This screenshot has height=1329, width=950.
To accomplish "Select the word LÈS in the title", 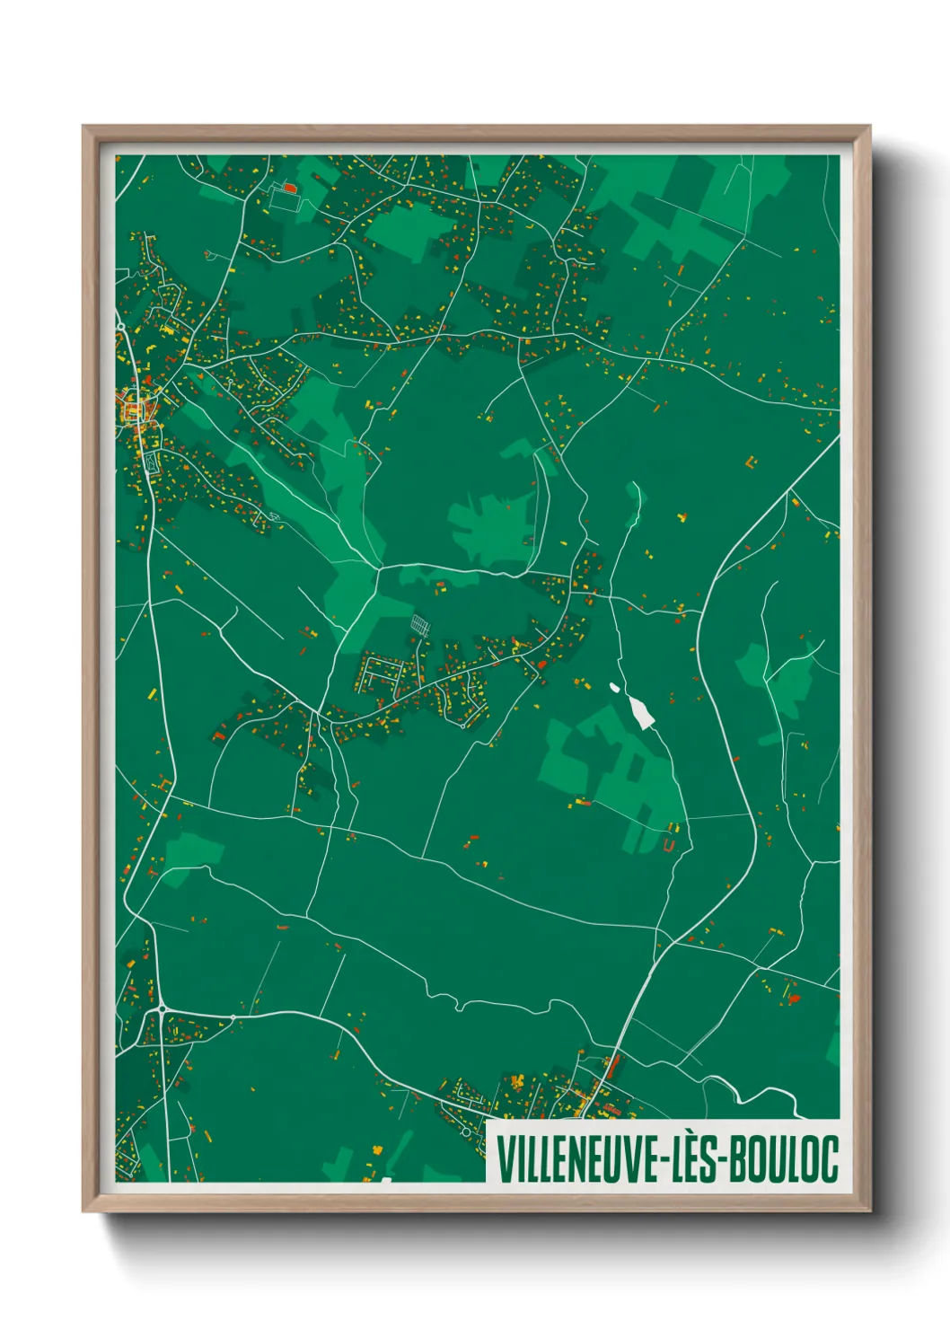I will click(x=691, y=1159).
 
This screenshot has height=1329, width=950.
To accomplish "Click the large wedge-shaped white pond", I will click(x=641, y=712).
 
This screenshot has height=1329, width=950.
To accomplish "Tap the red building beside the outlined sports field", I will click(x=290, y=188).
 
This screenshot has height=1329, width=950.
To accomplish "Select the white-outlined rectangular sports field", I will click(x=282, y=200).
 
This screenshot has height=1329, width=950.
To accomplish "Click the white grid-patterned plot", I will click(x=420, y=623).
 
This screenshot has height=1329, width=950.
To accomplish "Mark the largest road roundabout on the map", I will click(x=163, y=1010).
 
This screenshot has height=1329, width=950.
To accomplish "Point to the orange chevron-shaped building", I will click(x=749, y=463).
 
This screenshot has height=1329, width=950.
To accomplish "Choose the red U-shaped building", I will click(x=668, y=845).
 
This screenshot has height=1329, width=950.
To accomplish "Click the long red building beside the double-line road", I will click(x=613, y=1066).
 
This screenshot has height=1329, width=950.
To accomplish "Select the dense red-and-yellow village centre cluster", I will click(x=134, y=412).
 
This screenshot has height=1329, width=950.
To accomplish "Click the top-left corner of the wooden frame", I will click(x=84, y=127).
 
